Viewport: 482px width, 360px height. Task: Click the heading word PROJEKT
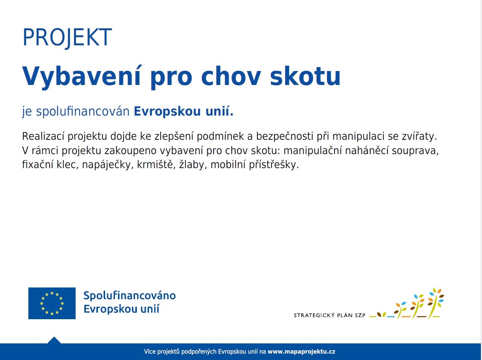tap(67, 38)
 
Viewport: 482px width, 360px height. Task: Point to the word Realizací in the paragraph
tap(43, 136)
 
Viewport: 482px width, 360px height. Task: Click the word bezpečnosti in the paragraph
tap(285, 136)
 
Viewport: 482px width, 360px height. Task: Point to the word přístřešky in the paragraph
tap(274, 165)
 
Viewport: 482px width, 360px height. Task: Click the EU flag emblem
tap(52, 303)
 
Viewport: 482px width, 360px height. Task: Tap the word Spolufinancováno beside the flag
tap(130, 296)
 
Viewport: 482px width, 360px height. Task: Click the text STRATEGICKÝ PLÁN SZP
tap(329, 315)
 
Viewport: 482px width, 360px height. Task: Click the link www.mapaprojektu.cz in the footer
tap(301, 352)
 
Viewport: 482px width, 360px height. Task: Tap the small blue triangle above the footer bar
tap(54, 340)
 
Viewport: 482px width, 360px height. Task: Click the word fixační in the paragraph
tap(37, 165)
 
